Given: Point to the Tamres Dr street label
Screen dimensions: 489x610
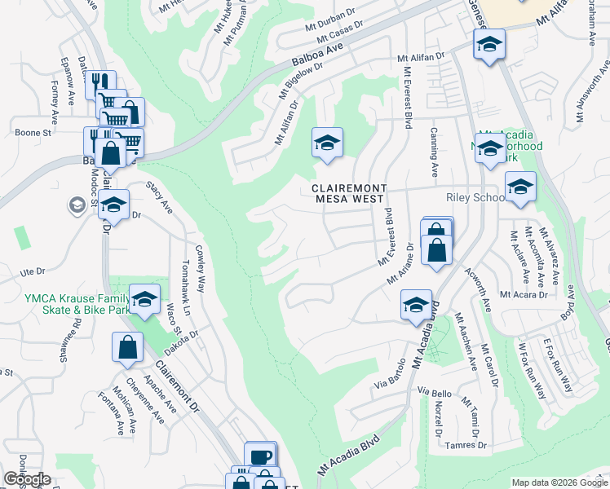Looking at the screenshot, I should (466, 445).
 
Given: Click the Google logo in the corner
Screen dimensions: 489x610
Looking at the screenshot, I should (27, 479).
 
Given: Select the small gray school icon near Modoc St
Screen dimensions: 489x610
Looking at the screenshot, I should (78, 204).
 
